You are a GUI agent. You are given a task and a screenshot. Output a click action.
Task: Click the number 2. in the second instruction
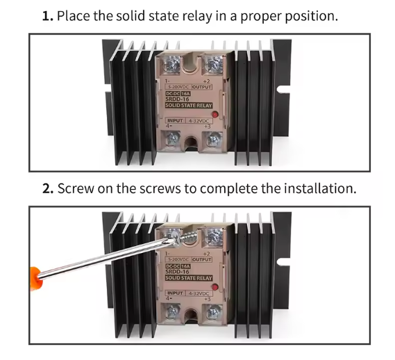tap(49, 188)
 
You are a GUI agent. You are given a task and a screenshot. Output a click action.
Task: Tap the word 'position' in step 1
tap(311, 15)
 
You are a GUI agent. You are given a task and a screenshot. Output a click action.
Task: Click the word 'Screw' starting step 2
tap(76, 188)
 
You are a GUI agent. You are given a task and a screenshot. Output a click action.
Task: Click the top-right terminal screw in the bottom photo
tap(212, 238)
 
